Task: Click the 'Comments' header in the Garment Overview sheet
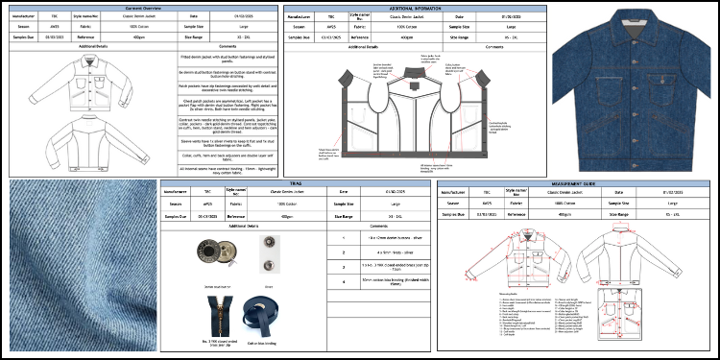[x=228, y=46]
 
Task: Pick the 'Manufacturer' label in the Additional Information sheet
[x=305, y=18]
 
